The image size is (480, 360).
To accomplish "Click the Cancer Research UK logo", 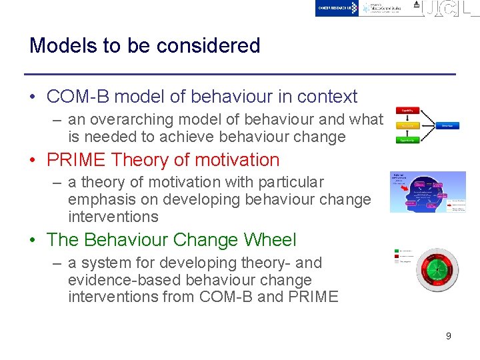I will tap(337, 8).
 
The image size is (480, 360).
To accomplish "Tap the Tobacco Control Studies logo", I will tap(383, 8).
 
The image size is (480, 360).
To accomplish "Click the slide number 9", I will tap(448, 336).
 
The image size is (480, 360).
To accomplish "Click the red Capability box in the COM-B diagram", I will tap(407, 111).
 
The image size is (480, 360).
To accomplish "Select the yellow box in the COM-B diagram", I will tap(407, 125).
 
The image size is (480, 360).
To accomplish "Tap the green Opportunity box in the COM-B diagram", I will tap(407, 140).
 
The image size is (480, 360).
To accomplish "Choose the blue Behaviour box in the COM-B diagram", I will tap(447, 125).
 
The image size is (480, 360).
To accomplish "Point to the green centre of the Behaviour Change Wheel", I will tap(437, 269).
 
